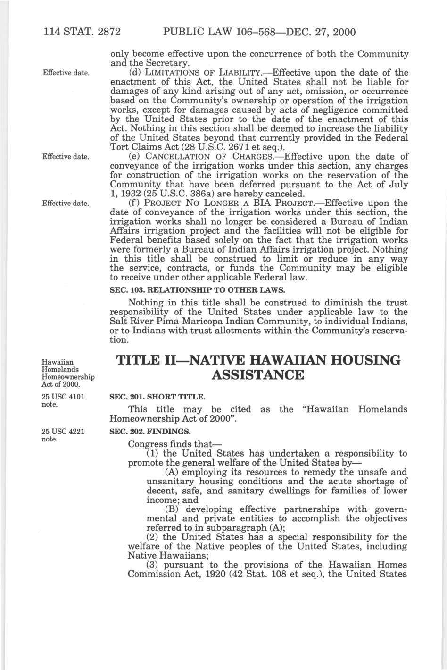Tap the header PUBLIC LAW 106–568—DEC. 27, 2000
click(x=258, y=32)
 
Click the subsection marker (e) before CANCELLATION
click(x=134, y=157)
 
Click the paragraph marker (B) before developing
click(x=173, y=509)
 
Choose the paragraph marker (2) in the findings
click(x=134, y=537)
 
